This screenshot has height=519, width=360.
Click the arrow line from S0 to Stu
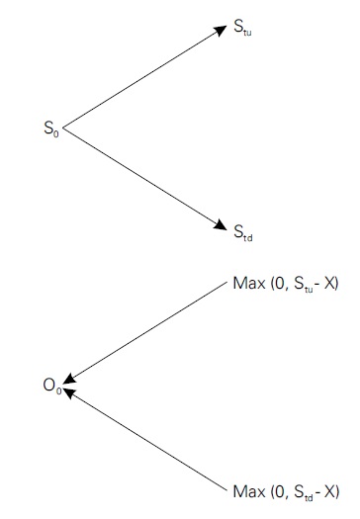click(x=143, y=78)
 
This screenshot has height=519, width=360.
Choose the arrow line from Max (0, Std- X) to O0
click(x=148, y=440)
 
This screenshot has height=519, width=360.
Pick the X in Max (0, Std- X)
click(x=332, y=490)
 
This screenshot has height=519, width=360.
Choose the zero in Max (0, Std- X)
click(x=277, y=490)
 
